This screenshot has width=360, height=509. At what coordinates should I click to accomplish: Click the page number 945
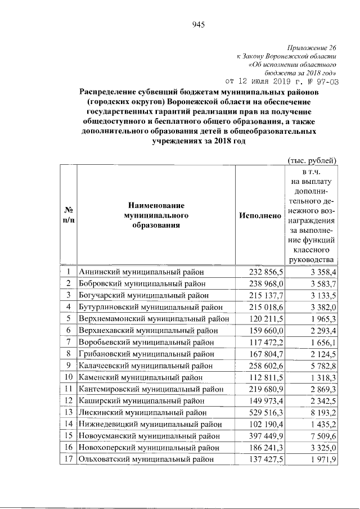click(x=197, y=24)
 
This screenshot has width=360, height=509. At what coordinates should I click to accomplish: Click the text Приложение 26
click(x=310, y=48)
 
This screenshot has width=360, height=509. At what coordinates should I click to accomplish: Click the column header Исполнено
click(x=259, y=215)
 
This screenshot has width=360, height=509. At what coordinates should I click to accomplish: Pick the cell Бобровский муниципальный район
click(x=142, y=283)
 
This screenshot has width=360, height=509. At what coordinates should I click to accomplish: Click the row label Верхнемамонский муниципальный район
click(x=154, y=318)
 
